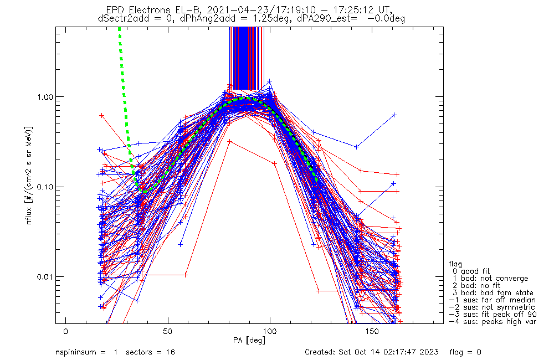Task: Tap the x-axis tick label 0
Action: [66, 331]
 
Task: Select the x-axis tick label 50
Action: [168, 331]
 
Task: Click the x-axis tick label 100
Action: [270, 331]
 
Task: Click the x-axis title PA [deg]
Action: [250, 340]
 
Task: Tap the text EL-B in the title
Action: [194, 9]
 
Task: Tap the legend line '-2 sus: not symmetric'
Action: [492, 307]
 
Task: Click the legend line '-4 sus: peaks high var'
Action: [493, 321]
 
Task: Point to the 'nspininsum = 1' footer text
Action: [87, 352]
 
